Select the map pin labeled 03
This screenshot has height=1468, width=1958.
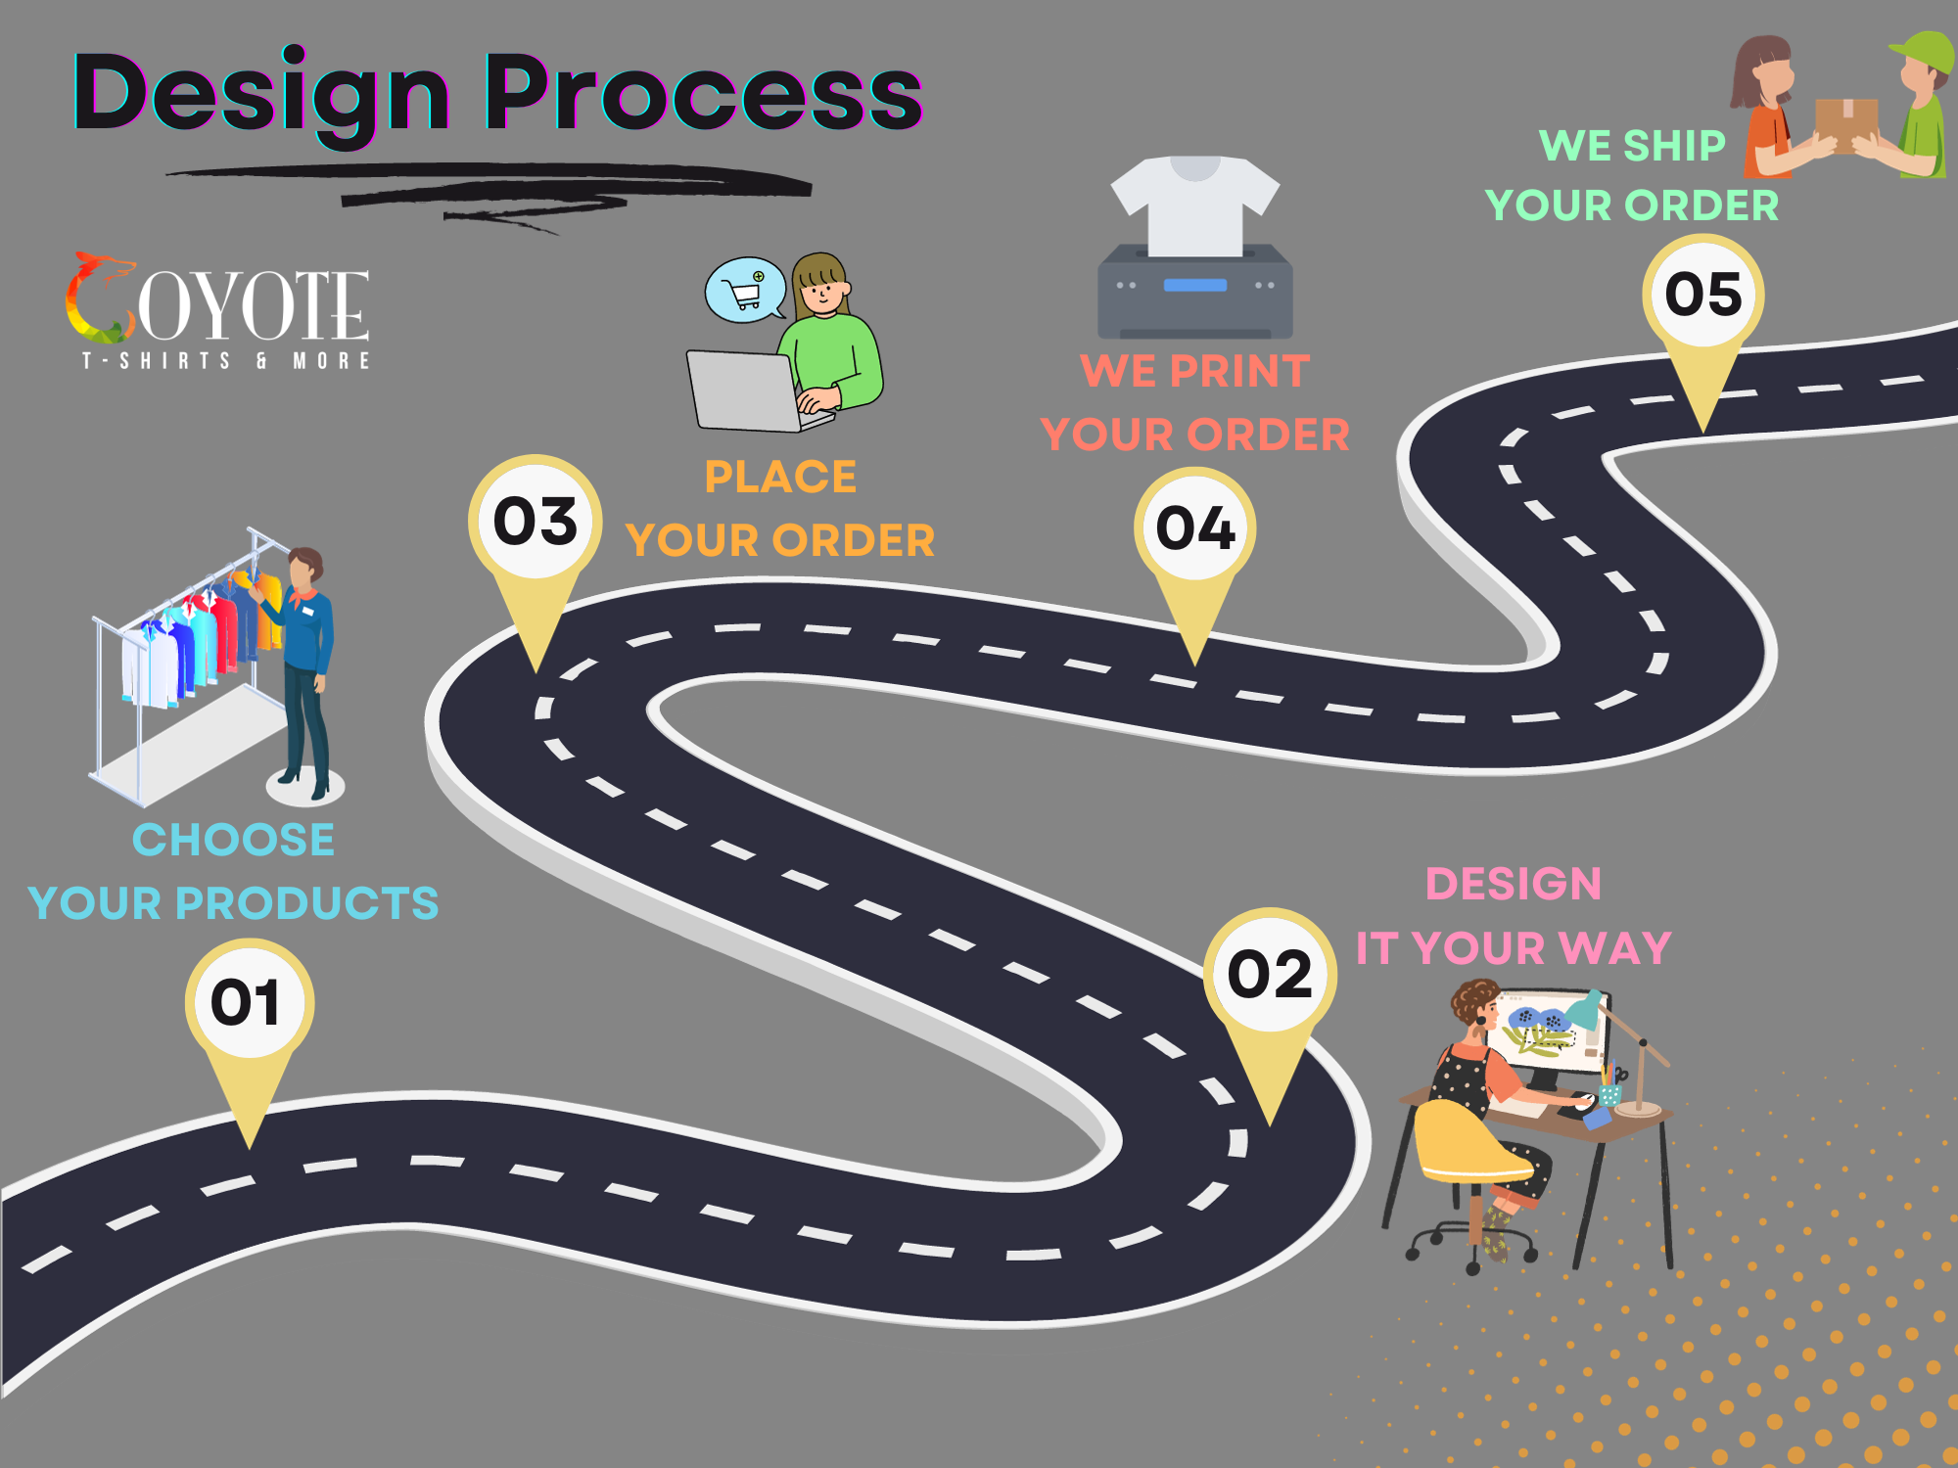click(535, 523)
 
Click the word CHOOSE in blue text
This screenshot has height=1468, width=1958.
click(233, 840)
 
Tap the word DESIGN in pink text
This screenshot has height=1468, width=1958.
click(1513, 884)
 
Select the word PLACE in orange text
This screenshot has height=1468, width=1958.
click(780, 478)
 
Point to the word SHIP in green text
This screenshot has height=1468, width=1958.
click(1673, 146)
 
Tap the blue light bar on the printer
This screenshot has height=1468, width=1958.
click(1194, 285)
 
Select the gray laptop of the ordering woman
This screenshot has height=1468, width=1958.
click(744, 391)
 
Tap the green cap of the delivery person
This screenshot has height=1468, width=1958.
click(1925, 54)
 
